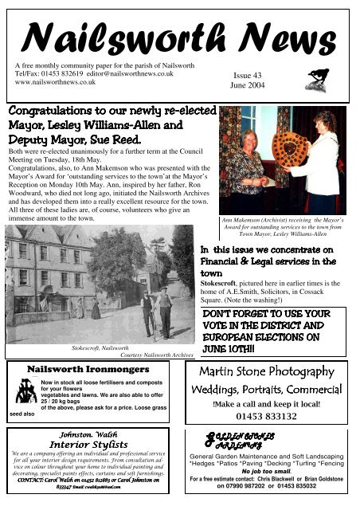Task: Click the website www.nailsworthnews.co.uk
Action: coord(56,81)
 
